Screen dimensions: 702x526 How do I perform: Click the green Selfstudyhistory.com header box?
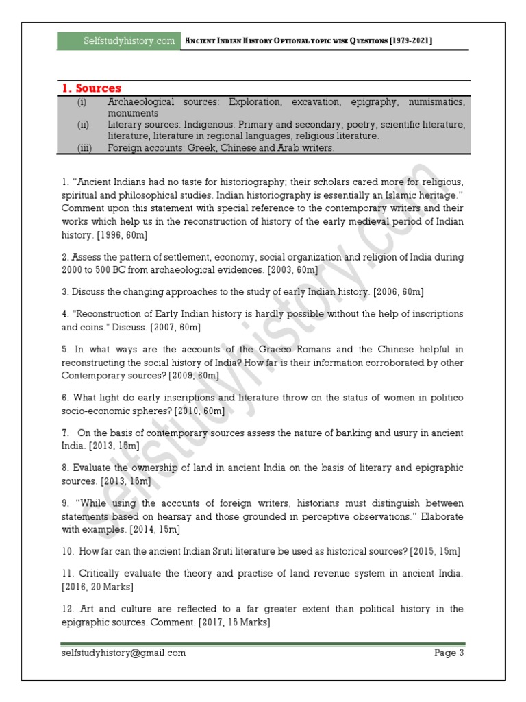point(120,41)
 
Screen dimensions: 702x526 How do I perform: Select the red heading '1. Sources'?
point(91,88)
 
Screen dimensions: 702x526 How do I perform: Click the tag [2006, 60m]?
point(396,292)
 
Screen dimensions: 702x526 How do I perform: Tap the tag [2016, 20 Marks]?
point(97,587)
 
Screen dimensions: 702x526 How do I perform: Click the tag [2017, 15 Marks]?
point(234,622)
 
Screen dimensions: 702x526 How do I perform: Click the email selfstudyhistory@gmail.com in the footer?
point(123,653)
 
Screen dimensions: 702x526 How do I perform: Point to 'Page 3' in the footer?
point(449,653)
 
